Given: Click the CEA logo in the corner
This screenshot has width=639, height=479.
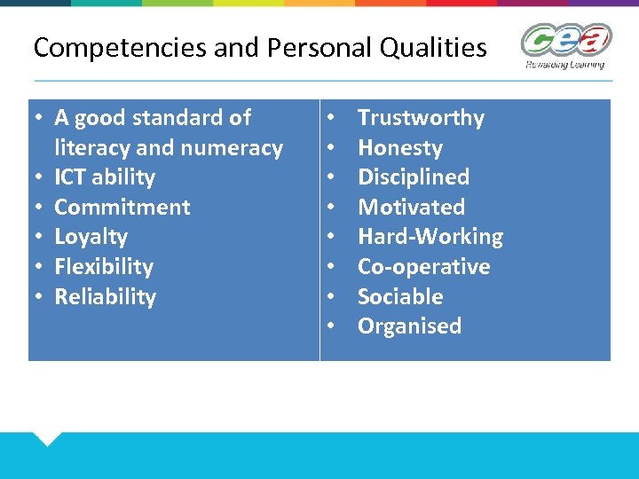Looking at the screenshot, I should pyautogui.click(x=565, y=41).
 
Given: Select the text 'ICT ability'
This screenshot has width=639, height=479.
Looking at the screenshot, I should pyautogui.click(x=105, y=177).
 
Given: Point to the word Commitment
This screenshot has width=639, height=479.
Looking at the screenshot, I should pyautogui.click(x=122, y=208).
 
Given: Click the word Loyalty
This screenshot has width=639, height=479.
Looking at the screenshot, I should pyautogui.click(x=91, y=237).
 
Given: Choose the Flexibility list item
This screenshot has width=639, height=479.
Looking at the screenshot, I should pyautogui.click(x=104, y=267).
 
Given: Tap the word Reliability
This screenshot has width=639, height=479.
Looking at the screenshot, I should pyautogui.click(x=105, y=297).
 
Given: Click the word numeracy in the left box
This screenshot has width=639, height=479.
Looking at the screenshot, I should pyautogui.click(x=241, y=148).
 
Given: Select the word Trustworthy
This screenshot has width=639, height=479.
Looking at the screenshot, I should pyautogui.click(x=421, y=118).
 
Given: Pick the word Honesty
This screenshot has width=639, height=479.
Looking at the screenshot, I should pyautogui.click(x=399, y=148).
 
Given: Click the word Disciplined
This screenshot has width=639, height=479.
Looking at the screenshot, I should pyautogui.click(x=413, y=177).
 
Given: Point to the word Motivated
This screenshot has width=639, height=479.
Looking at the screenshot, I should pyautogui.click(x=411, y=208).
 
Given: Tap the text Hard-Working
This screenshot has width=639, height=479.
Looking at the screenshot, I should pyautogui.click(x=430, y=237).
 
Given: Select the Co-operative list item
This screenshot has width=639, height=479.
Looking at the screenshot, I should pyautogui.click(x=423, y=267).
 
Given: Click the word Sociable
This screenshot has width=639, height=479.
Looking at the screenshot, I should pyautogui.click(x=400, y=297).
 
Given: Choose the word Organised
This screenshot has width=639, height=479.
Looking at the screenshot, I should pyautogui.click(x=409, y=326).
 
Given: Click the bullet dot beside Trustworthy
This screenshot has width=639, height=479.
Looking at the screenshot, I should pyautogui.click(x=330, y=118).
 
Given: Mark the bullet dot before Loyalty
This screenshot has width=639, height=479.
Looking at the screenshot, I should pyautogui.click(x=41, y=237).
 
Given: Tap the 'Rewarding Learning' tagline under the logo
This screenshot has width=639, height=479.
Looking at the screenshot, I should pyautogui.click(x=564, y=64).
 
